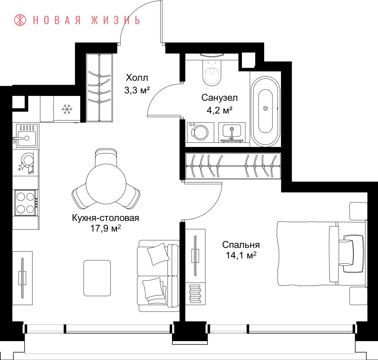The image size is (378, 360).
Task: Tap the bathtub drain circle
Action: pyautogui.click(x=265, y=108)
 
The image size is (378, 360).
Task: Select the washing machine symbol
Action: pyautogui.click(x=200, y=132)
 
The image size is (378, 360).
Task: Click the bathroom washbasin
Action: pyautogui.click(x=231, y=132)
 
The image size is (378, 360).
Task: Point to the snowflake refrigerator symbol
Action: pyautogui.click(x=67, y=109)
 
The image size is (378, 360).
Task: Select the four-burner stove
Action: pyautogui.click(x=26, y=202)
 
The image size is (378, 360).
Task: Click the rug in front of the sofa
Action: pyautogui.click(x=97, y=278)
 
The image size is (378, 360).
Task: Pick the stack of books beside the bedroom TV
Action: pyautogui.click(x=195, y=294)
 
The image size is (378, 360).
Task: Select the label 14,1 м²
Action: pyautogui.click(x=241, y=255)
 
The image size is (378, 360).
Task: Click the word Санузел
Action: pyautogui.click(x=219, y=97)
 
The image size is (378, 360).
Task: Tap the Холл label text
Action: pyautogui.click(x=137, y=77)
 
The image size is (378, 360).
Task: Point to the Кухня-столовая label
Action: pyautogui.click(x=105, y=218)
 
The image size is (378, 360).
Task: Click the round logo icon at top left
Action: pyautogui.click(x=20, y=20)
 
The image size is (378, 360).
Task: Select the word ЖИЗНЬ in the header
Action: pyautogui.click(x=115, y=20)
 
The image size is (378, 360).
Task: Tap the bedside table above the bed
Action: pyautogui.click(x=358, y=211)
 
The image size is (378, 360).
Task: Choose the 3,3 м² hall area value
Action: pyautogui.click(x=137, y=90)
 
